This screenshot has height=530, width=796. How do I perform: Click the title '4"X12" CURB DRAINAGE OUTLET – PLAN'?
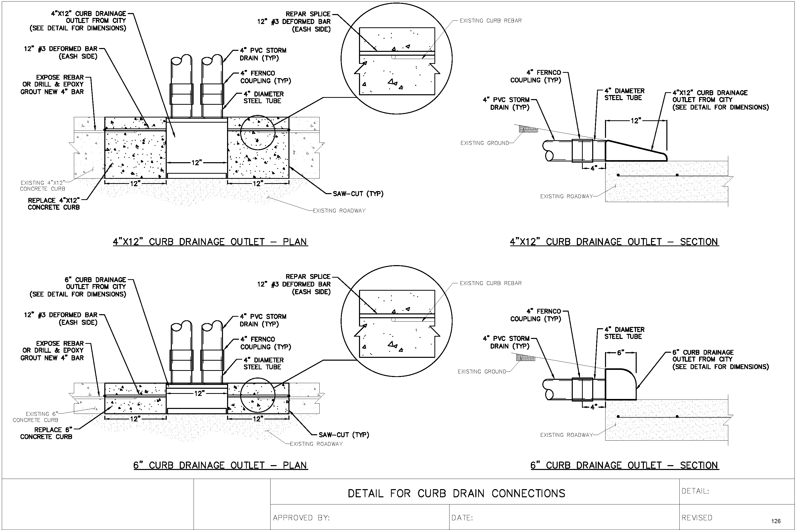point(210,242)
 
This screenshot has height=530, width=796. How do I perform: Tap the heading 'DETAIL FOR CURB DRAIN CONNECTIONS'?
point(456,493)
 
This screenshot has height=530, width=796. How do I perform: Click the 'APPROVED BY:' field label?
point(301,517)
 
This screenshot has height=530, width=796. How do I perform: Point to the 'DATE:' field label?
point(462,517)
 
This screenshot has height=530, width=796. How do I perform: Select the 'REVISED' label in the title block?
point(697,517)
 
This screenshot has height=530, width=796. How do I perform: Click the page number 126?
point(776,521)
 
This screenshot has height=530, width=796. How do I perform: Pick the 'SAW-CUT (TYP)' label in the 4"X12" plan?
point(358,194)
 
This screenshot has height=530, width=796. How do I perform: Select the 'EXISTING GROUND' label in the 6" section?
point(482,371)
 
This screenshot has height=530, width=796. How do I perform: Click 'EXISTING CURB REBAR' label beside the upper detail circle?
point(490,21)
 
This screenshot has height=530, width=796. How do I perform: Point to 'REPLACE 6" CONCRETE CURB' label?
point(46,433)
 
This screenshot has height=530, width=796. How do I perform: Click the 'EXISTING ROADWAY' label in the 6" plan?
point(316,444)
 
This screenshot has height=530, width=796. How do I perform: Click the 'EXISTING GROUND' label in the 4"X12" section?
point(485,143)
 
